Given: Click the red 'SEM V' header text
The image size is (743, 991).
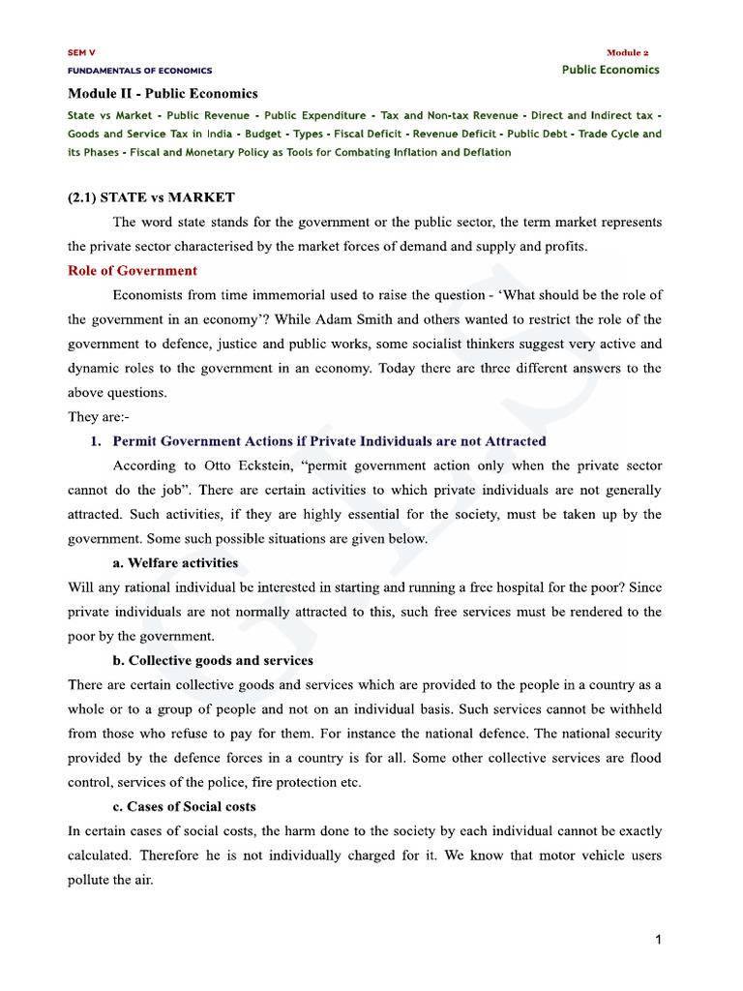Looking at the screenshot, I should [81, 52].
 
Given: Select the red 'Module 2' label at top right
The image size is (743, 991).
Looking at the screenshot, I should [633, 52].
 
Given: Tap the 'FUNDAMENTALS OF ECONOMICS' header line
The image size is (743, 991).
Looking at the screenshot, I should [139, 71].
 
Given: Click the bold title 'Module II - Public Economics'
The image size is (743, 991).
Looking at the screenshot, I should [163, 94].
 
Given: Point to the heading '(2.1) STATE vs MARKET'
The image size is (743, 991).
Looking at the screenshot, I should [151, 197].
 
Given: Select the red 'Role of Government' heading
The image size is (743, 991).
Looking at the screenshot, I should [133, 271].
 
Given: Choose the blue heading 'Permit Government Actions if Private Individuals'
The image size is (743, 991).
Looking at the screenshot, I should [329, 441].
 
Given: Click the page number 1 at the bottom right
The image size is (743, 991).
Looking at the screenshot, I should [658, 939].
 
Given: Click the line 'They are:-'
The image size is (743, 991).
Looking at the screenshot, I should [98, 417].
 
